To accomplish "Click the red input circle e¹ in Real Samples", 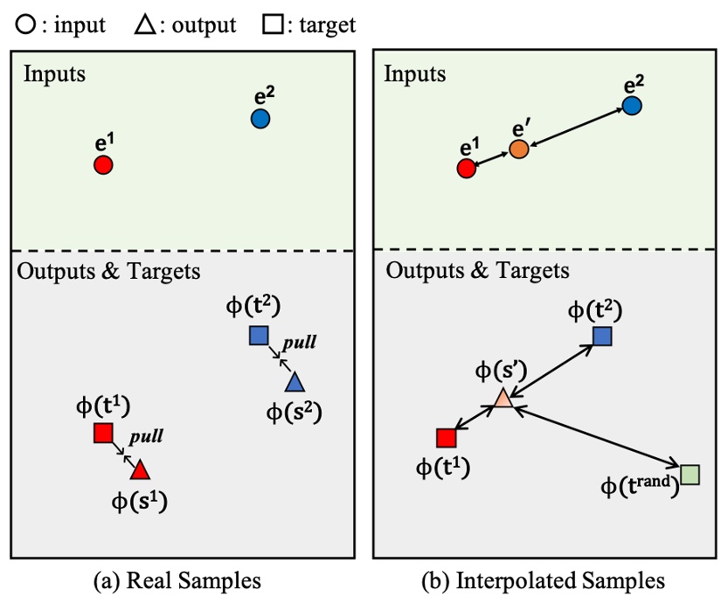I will [x=103, y=164].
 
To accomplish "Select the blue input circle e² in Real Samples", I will [x=260, y=118].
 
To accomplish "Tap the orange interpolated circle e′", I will [x=519, y=149].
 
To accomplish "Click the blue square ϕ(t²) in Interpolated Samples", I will [x=602, y=336].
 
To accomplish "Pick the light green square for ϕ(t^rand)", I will [x=690, y=475].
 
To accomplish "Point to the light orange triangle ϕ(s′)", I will [x=503, y=399].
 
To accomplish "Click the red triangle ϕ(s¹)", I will [x=140, y=470].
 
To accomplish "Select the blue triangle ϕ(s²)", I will [x=294, y=382].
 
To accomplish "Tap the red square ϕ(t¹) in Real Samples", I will [x=103, y=433].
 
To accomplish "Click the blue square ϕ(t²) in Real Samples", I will [x=257, y=336].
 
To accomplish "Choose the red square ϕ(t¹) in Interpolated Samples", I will [x=446, y=437].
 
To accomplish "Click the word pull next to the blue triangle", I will [x=298, y=343].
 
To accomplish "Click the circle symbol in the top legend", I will [x=24, y=24].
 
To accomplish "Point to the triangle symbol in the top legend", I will [x=144, y=24].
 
